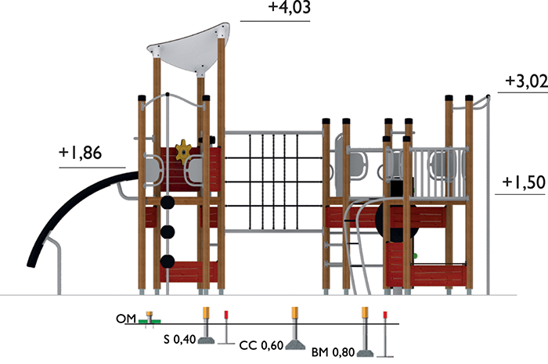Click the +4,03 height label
[x=289, y=7]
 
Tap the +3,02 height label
[x=526, y=81]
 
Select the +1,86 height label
[x=81, y=153]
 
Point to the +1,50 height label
[x=524, y=182]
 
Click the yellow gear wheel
[x=183, y=151]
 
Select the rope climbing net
[x=273, y=182]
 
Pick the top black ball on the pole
[x=168, y=202]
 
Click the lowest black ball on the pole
[x=168, y=261]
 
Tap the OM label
[x=126, y=319]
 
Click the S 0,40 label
[x=179, y=339]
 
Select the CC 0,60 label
[x=261, y=345]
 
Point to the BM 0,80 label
[x=333, y=352]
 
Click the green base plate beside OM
[x=150, y=321]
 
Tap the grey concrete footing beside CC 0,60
[x=295, y=344]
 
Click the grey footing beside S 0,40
[x=206, y=340]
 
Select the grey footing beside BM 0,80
[x=365, y=353]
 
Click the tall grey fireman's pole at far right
[x=489, y=196]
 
